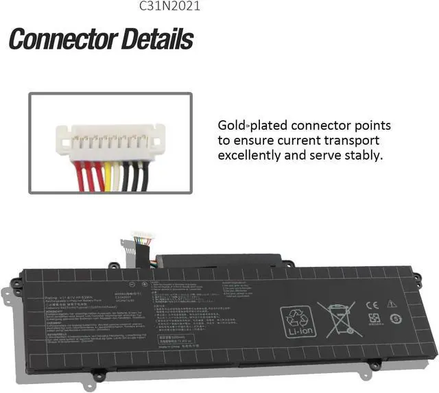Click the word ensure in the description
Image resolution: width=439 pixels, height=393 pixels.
(255, 141)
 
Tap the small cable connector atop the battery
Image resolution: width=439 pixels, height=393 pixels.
(143, 237)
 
